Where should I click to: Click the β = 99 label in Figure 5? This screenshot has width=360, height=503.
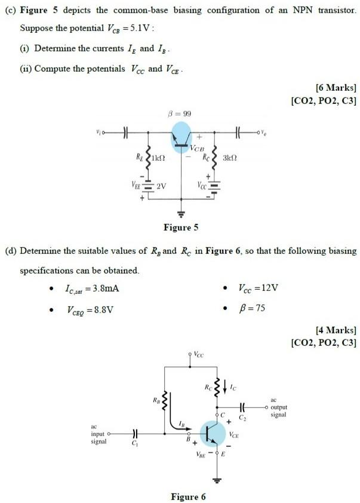[180, 114]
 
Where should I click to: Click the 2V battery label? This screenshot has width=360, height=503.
[161, 186]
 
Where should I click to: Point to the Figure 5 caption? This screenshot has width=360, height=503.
[181, 228]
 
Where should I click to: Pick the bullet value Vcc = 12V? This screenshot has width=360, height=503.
[259, 289]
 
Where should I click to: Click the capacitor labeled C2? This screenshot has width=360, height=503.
[242, 406]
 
